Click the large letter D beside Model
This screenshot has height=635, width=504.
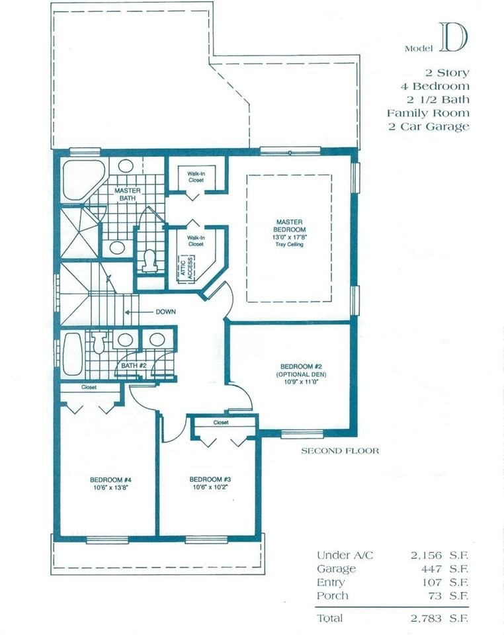pos(452,38)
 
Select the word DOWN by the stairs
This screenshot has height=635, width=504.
pos(165,312)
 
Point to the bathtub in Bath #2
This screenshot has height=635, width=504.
pos(72,354)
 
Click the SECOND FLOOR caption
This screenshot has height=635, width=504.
pos(340,451)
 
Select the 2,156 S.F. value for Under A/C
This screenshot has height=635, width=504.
pos(437,555)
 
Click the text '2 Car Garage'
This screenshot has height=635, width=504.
pos(429,126)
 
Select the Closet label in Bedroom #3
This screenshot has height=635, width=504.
pos(221,422)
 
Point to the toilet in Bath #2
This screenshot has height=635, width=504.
pos(100,341)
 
